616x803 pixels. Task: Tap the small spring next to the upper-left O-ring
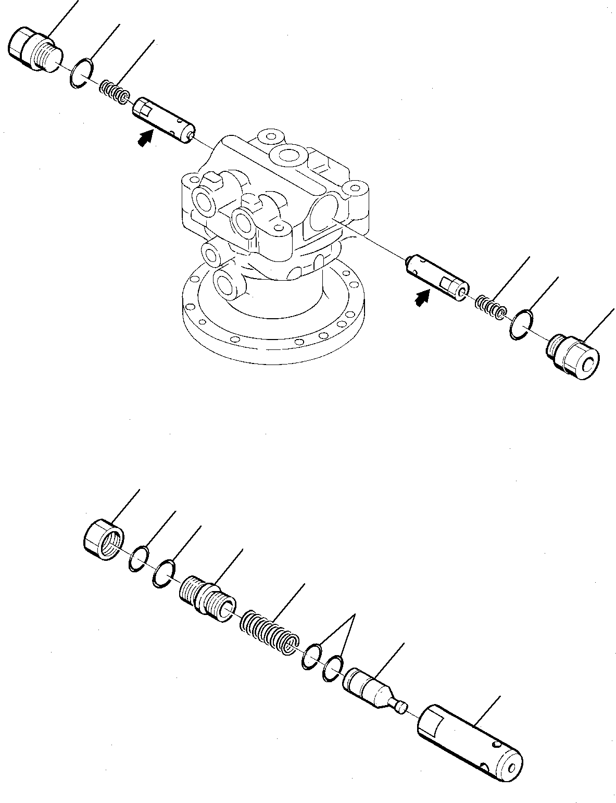(x=114, y=91)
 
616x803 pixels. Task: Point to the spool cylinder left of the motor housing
(x=164, y=119)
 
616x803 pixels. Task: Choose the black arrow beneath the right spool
(x=422, y=298)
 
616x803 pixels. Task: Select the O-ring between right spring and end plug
(x=521, y=326)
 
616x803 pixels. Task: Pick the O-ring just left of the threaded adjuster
(x=165, y=573)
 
